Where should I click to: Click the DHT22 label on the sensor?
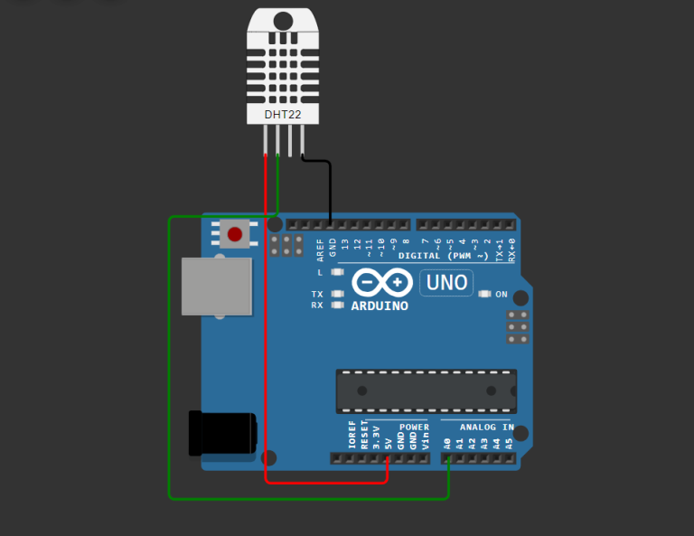[284, 115]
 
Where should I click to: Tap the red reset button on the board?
[235, 234]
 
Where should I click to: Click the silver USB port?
[216, 286]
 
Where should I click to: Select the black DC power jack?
[221, 433]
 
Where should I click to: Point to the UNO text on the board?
[446, 283]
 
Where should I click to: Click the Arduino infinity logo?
[380, 283]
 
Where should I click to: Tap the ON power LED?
[484, 294]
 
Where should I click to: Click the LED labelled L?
[338, 272]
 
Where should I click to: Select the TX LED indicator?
[338, 294]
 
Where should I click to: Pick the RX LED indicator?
[338, 306]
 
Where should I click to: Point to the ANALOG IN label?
[486, 427]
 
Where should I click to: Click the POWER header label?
[414, 427]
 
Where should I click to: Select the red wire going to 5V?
[266, 362]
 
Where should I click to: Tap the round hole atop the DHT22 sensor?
[283, 20]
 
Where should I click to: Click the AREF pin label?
[320, 249]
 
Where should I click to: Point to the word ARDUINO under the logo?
[380, 306]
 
